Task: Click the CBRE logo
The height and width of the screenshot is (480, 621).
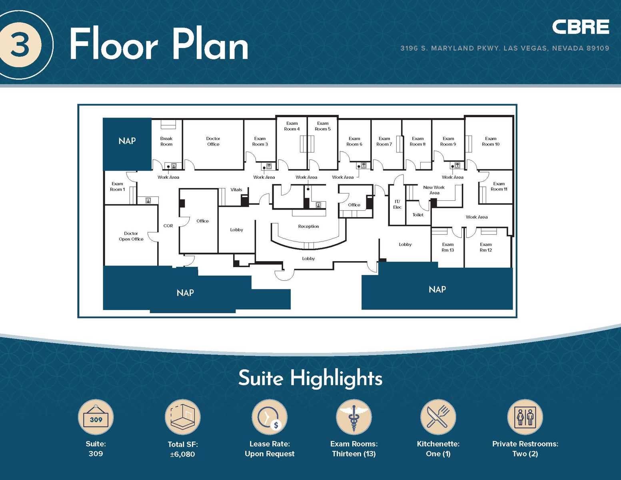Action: [x=580, y=27]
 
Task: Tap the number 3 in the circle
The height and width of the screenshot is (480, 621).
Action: [x=20, y=45]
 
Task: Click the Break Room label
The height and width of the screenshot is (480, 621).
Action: [x=166, y=141]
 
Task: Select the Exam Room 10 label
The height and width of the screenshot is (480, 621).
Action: [x=491, y=141]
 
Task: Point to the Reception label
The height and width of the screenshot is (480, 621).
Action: [x=308, y=226]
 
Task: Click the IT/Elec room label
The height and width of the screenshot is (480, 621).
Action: [x=397, y=204]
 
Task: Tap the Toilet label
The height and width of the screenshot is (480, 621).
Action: [x=418, y=215]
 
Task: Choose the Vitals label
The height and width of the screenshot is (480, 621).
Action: [x=236, y=190]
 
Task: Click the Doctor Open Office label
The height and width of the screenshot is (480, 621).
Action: [x=131, y=236]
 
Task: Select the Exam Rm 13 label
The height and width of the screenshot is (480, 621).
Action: [x=447, y=247]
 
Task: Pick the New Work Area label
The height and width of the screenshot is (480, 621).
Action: [x=434, y=190]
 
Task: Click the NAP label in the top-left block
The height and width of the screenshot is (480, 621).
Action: [x=127, y=141]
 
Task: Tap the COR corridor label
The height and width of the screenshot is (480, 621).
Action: [x=168, y=226]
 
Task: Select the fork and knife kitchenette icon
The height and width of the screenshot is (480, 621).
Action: [x=438, y=417]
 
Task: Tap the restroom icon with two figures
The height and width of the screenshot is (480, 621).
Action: [x=525, y=417]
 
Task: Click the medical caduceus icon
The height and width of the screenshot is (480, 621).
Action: [x=353, y=417]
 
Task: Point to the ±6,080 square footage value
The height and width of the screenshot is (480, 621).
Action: [x=182, y=454]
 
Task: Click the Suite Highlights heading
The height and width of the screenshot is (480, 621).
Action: [x=310, y=378]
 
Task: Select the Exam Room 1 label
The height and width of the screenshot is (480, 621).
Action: [x=117, y=186]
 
